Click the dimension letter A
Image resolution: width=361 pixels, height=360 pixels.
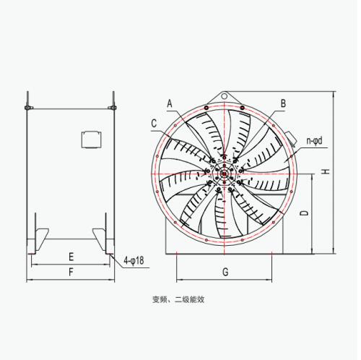170,103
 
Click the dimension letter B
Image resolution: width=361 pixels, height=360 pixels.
283,103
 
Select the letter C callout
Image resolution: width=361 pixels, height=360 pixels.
154,123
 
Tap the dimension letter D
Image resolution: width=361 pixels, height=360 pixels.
305,213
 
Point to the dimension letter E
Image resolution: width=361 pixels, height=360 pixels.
71,257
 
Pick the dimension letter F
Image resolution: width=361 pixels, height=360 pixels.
71,273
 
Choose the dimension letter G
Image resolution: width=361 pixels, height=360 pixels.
225,272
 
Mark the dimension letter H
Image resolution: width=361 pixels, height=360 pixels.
326,171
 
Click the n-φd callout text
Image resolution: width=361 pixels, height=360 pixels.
314,141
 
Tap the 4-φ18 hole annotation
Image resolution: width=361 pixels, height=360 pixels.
134,260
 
